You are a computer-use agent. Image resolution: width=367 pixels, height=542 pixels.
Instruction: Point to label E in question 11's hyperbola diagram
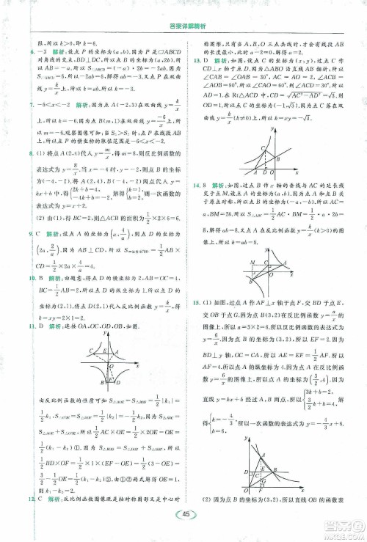(104, 351)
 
